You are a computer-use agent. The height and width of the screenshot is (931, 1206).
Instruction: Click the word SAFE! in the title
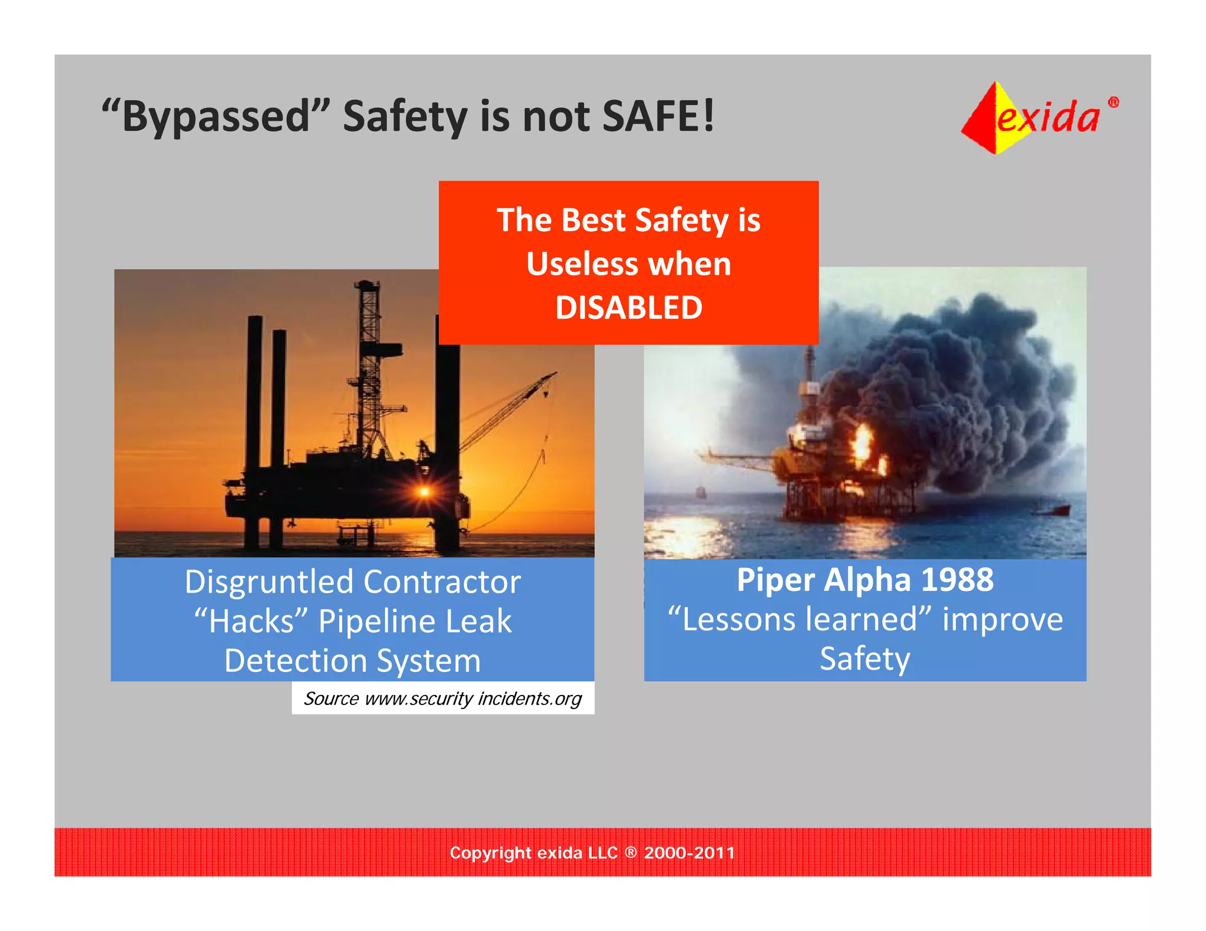[658, 116]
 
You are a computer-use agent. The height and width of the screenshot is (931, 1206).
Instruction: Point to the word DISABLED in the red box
[628, 308]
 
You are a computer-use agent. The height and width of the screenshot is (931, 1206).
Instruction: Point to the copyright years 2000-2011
[689, 853]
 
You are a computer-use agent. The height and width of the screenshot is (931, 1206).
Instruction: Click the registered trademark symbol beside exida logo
[1113, 102]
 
